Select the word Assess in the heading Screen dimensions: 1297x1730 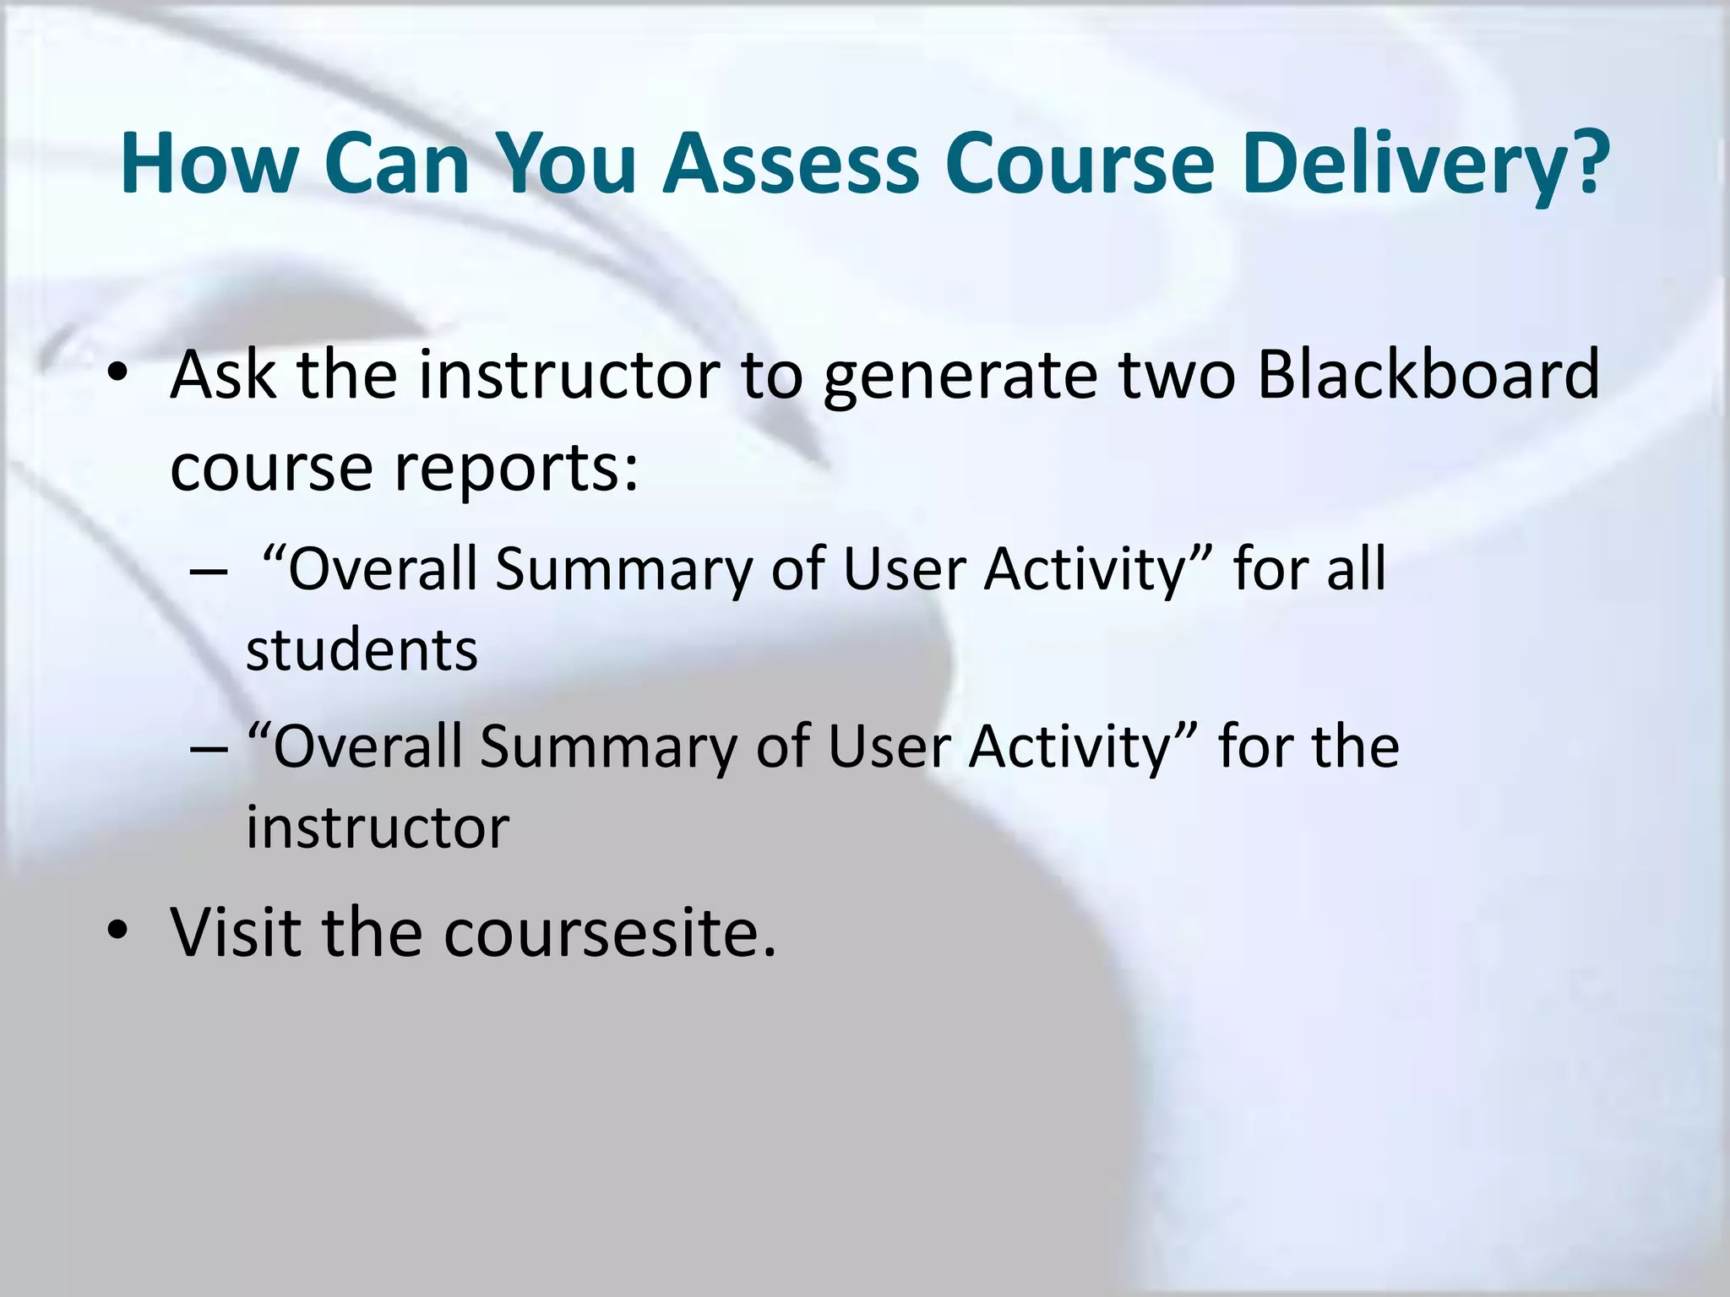click(x=790, y=163)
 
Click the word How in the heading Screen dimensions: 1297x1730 click(x=208, y=163)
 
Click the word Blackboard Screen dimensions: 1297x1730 click(x=1428, y=374)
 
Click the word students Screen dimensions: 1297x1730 click(x=362, y=650)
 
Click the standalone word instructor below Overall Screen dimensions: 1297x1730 click(x=378, y=828)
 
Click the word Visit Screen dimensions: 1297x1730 click(x=236, y=931)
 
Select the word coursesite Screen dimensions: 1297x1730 click(x=609, y=933)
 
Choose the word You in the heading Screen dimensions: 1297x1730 click(x=565, y=163)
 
